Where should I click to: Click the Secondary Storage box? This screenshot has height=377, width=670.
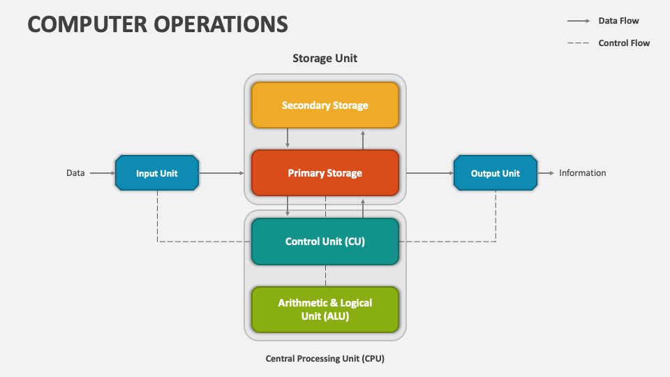click(325, 105)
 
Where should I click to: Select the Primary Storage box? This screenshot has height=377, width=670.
click(325, 173)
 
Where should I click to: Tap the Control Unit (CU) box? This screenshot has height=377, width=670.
click(325, 242)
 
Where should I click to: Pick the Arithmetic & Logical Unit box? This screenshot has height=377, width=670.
click(325, 309)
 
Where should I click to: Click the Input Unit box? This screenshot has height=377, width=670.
click(157, 173)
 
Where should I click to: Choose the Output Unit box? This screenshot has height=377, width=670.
click(496, 173)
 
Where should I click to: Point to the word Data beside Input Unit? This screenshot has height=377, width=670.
click(75, 173)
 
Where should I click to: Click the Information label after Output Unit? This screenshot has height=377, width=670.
click(582, 173)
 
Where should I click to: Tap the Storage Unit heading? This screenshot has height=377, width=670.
click(325, 58)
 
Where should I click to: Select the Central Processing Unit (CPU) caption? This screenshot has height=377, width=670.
click(325, 359)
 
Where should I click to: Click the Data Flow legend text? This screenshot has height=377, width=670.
click(618, 20)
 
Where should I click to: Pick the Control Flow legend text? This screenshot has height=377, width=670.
click(624, 43)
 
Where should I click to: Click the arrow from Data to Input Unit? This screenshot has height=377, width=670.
click(103, 173)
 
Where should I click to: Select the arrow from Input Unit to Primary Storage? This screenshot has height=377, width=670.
click(221, 173)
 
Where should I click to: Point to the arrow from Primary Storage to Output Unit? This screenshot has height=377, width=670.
click(430, 173)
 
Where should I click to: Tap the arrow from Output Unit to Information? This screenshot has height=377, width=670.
click(546, 173)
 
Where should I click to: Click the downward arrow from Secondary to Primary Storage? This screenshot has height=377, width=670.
click(288, 138)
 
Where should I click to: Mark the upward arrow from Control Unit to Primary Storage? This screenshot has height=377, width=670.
click(363, 208)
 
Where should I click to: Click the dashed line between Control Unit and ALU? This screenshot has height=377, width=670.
click(326, 276)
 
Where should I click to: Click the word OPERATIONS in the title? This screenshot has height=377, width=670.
click(221, 24)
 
